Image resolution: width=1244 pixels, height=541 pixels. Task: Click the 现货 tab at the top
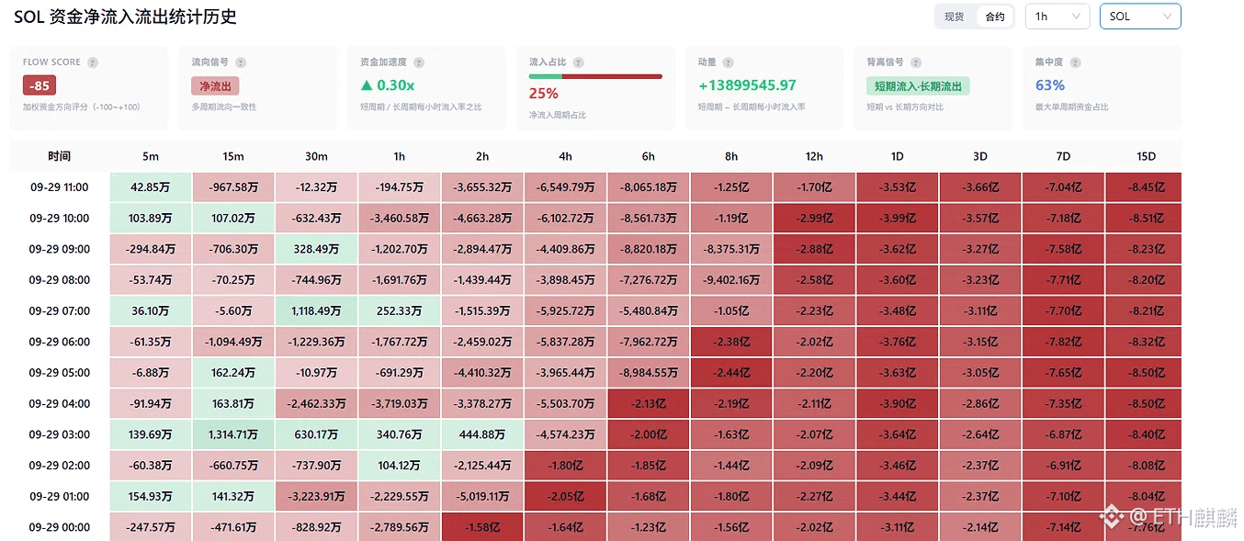(x=954, y=17)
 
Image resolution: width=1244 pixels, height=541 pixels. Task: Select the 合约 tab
(x=995, y=17)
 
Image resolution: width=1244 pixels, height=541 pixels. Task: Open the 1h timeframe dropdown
(x=1057, y=17)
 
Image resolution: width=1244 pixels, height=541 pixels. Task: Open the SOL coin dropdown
(x=1140, y=17)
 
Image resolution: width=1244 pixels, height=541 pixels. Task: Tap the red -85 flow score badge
(x=40, y=85)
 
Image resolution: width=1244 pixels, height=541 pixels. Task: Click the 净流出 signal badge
(x=215, y=86)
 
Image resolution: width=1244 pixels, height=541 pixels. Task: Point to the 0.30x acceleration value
(x=388, y=85)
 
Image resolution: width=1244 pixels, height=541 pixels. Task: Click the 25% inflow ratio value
(x=544, y=94)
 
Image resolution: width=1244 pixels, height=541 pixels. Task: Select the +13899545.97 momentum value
(x=748, y=85)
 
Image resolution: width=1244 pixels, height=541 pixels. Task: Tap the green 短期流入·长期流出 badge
(x=918, y=86)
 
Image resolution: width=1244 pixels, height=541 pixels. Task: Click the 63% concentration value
(x=1050, y=85)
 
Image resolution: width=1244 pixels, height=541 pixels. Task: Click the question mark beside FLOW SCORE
(x=93, y=62)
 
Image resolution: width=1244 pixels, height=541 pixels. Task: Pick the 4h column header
(x=565, y=157)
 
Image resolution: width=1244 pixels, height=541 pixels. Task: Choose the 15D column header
(x=1146, y=157)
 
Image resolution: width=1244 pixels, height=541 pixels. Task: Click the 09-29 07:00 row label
(x=60, y=311)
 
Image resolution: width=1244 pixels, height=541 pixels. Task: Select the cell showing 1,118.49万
(x=316, y=311)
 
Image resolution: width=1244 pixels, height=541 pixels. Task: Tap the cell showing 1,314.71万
(x=233, y=434)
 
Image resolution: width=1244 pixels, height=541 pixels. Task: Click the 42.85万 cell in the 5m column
(x=151, y=187)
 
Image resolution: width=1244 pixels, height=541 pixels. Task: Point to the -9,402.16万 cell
(x=730, y=280)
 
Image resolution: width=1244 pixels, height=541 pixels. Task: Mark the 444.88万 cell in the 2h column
(x=482, y=434)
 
